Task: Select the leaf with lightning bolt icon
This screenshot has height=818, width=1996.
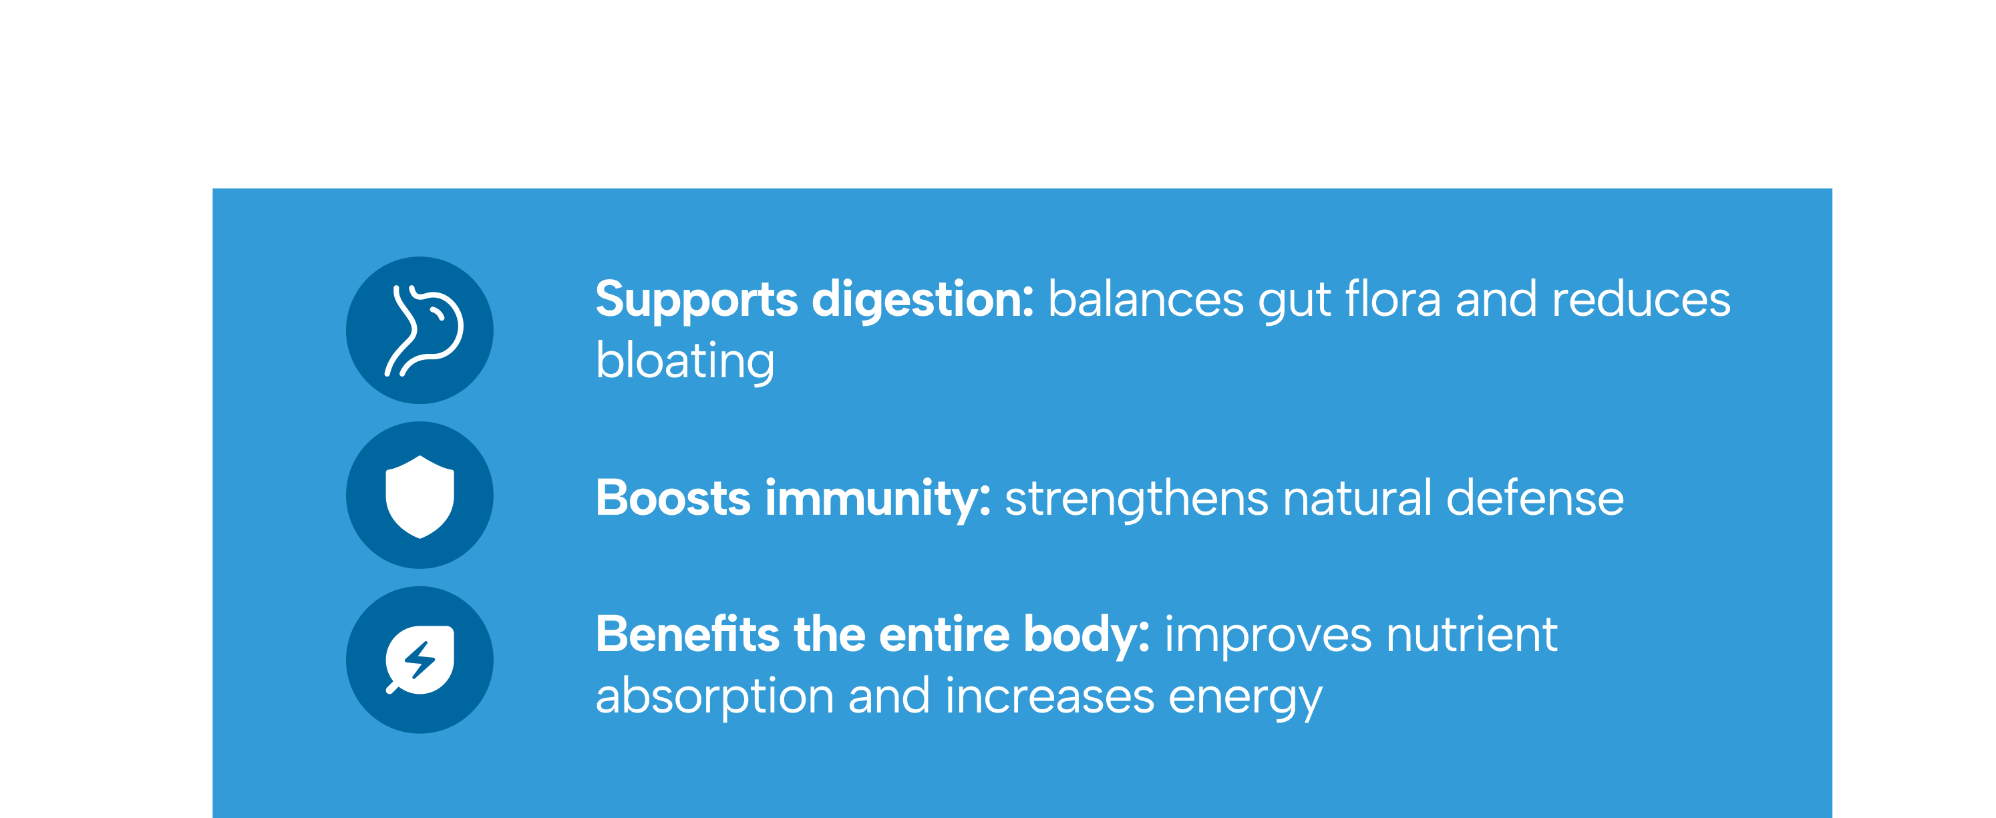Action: pyautogui.click(x=420, y=660)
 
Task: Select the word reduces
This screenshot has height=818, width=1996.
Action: pyautogui.click(x=1641, y=299)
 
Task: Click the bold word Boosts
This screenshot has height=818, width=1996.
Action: pyautogui.click(x=673, y=497)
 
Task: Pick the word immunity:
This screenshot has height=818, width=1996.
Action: pyautogui.click(x=878, y=499)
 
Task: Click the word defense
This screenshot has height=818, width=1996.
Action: pyautogui.click(x=1535, y=497)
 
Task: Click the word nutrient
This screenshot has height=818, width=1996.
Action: pyautogui.click(x=1472, y=634)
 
